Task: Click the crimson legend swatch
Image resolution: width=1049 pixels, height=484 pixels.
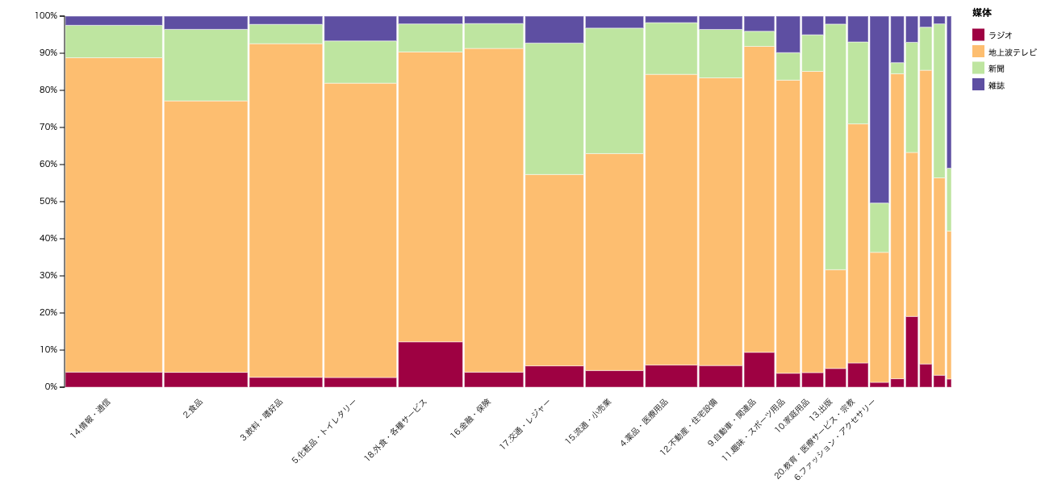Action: tap(978, 35)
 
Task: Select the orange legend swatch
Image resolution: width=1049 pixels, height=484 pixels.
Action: tap(978, 51)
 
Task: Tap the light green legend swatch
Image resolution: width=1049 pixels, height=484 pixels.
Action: tap(978, 68)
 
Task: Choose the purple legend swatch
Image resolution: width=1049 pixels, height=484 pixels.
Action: tap(978, 84)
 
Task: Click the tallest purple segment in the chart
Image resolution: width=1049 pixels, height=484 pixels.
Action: tap(879, 109)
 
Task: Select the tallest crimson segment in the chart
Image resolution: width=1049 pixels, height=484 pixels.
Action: tap(912, 352)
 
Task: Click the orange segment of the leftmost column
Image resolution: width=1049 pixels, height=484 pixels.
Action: tap(114, 215)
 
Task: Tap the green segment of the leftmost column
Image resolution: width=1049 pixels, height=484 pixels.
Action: tap(114, 41)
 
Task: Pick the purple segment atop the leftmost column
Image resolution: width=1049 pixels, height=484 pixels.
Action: tap(114, 20)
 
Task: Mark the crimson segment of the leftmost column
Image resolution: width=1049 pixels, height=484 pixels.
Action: tap(114, 379)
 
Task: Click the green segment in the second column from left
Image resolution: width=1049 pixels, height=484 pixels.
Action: tap(206, 65)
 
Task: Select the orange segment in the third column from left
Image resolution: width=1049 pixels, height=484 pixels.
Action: tap(286, 210)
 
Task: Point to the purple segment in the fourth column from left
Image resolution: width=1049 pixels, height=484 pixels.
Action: tap(360, 28)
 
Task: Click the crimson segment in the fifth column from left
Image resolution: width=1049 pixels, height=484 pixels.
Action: tap(430, 365)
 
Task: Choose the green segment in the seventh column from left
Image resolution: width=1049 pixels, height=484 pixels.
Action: tap(554, 108)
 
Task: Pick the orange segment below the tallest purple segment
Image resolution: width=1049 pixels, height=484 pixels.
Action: tap(879, 317)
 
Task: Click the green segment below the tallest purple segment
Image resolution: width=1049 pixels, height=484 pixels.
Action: tap(879, 227)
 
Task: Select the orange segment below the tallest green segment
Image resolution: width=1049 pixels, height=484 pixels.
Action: tap(835, 319)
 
